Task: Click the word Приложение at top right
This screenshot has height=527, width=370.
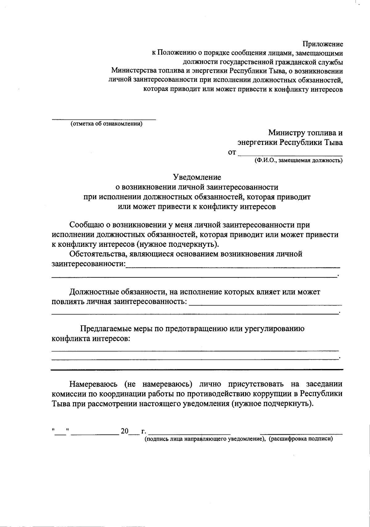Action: tap(323, 44)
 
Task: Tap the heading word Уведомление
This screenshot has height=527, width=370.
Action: tap(197, 177)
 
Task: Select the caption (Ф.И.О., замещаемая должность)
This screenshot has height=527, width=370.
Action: tap(298, 160)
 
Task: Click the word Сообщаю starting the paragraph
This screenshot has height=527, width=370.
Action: tap(87, 225)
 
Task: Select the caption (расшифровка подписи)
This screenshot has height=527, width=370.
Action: tap(301, 439)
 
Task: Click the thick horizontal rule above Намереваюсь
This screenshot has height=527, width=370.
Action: tap(197, 369)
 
